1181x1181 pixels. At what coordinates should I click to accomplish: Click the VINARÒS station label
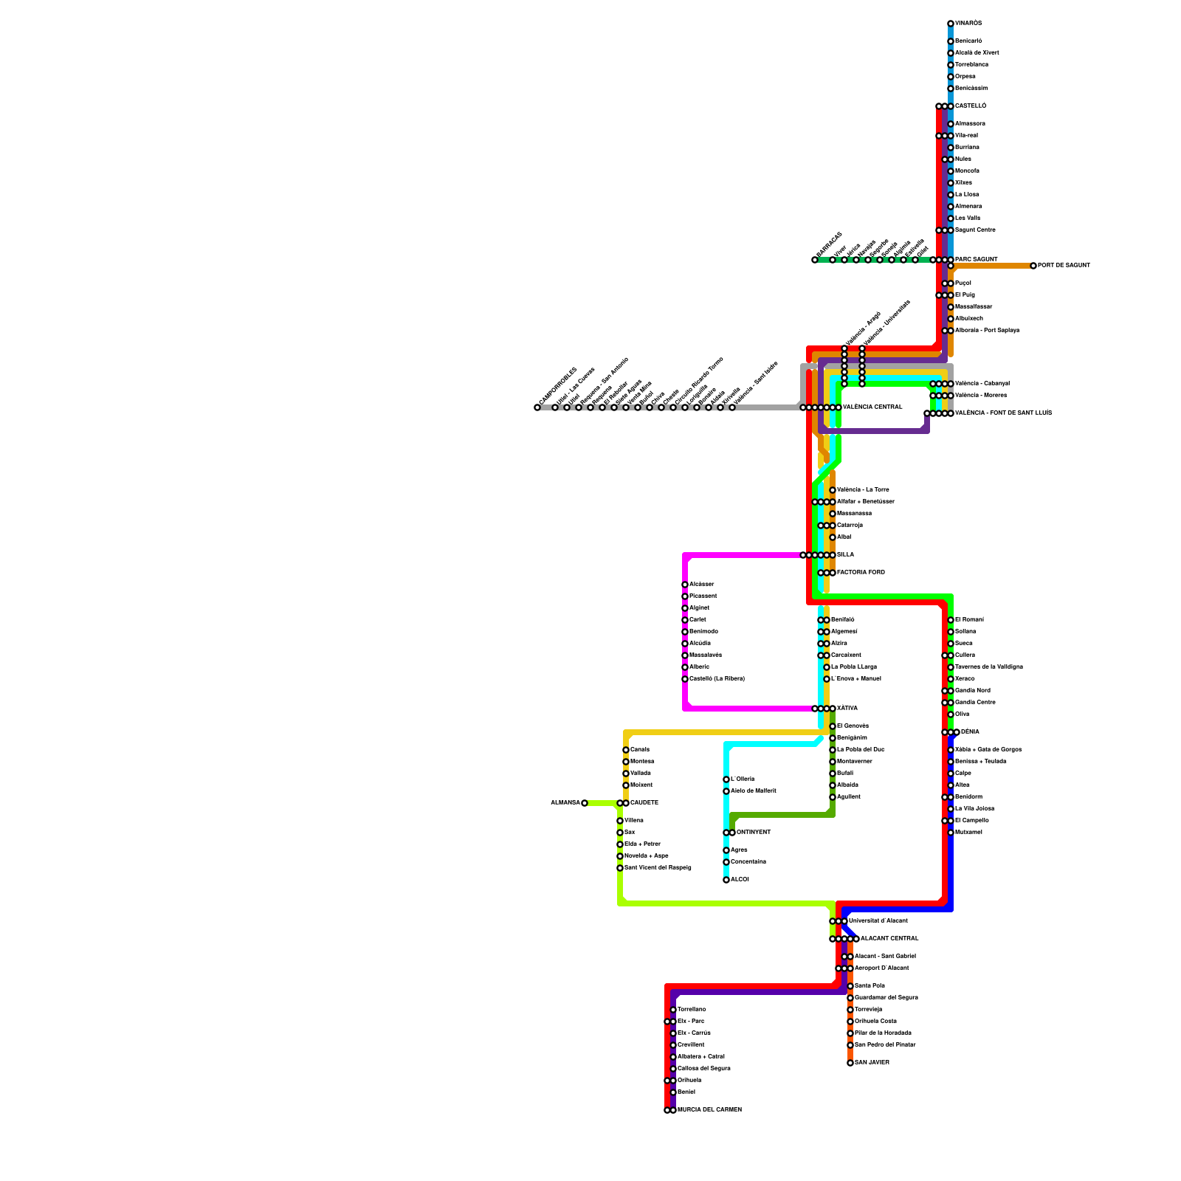coord(968,24)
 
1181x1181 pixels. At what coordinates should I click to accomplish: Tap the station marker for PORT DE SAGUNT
coord(1033,266)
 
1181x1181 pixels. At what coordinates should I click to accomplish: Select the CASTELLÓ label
coord(971,106)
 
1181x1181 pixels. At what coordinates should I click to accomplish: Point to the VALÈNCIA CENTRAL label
coord(872,407)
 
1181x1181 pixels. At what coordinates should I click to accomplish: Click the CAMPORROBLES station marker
coord(537,407)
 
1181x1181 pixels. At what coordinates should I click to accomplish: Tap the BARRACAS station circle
coord(815,260)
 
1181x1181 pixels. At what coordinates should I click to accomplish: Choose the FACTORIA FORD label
coord(861,573)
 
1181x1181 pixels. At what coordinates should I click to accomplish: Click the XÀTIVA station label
coord(847,709)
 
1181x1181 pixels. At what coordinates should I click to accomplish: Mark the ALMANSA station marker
coord(585,803)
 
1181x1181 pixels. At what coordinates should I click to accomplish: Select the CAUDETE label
coord(644,803)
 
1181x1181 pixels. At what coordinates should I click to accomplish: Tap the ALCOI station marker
coord(726,880)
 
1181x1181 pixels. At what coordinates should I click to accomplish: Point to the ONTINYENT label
coord(754,833)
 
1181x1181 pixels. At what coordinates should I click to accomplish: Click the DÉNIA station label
coord(970,732)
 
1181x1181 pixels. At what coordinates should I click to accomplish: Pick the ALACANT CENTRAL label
coord(889,939)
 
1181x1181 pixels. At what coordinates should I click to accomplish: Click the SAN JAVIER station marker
coord(850,1063)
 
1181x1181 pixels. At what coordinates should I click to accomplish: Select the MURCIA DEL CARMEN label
coord(709,1110)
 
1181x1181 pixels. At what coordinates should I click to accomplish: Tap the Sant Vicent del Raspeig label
coord(658,868)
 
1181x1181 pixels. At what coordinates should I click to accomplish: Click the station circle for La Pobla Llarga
coord(827,667)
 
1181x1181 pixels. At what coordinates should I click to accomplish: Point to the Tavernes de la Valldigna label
coord(989,667)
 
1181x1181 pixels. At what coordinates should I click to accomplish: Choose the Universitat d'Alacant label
coord(878,921)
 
